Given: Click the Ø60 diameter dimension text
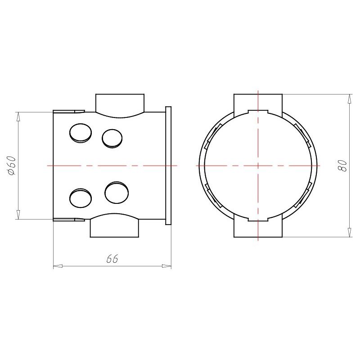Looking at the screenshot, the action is (x=12, y=166).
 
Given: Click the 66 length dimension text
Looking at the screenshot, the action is (x=112, y=259).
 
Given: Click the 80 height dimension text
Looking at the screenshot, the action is (x=342, y=166).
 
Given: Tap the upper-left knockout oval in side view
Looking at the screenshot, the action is (x=81, y=133).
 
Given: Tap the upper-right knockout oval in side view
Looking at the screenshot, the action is (x=112, y=139).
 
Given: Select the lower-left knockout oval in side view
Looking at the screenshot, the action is (x=81, y=198).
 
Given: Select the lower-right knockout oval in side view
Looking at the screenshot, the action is (x=117, y=193).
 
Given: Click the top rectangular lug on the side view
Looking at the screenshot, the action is (x=120, y=106).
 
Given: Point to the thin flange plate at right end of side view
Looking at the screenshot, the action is (x=168, y=166).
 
